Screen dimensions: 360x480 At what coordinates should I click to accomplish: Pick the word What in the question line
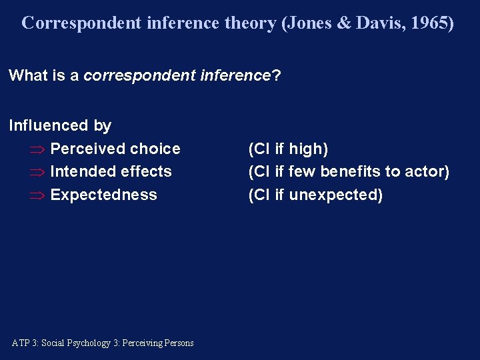27,75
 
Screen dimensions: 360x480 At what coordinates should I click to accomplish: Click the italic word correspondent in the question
139,75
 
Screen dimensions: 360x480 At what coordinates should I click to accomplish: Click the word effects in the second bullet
148,171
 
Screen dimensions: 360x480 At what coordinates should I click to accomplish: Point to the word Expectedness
103,195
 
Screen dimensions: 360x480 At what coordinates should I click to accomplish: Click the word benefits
349,171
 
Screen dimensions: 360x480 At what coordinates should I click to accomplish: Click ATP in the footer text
21,343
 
